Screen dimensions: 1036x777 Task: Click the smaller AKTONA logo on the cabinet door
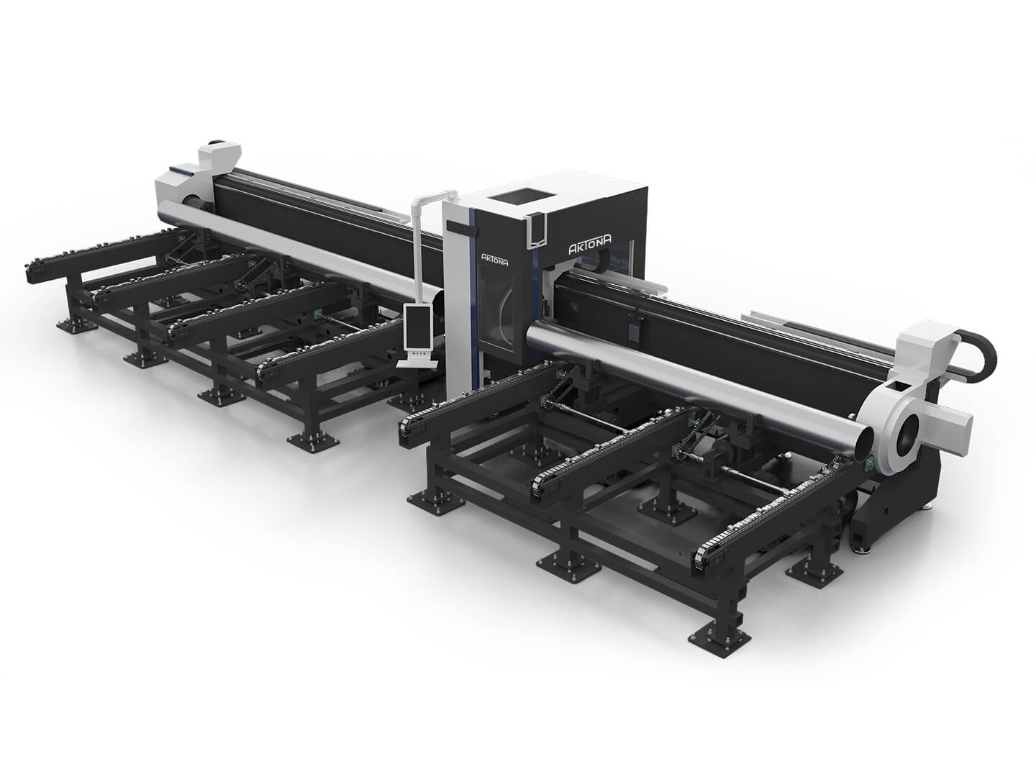pos(494,258)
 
